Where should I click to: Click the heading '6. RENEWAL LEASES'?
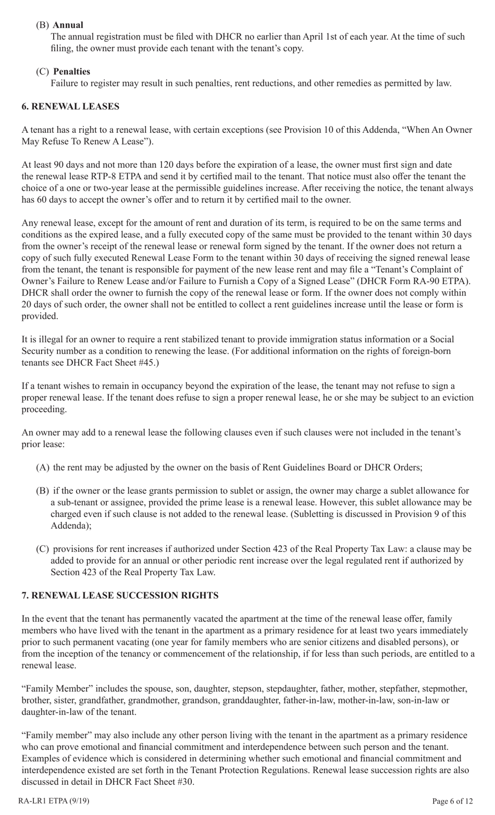coord(70,106)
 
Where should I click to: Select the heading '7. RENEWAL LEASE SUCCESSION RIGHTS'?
coord(120,595)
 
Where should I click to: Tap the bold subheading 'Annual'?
coord(68,25)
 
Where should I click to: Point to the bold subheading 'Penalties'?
coord(71,71)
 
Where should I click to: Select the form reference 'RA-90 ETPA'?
coord(446,281)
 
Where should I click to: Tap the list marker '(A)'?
coord(43,467)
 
